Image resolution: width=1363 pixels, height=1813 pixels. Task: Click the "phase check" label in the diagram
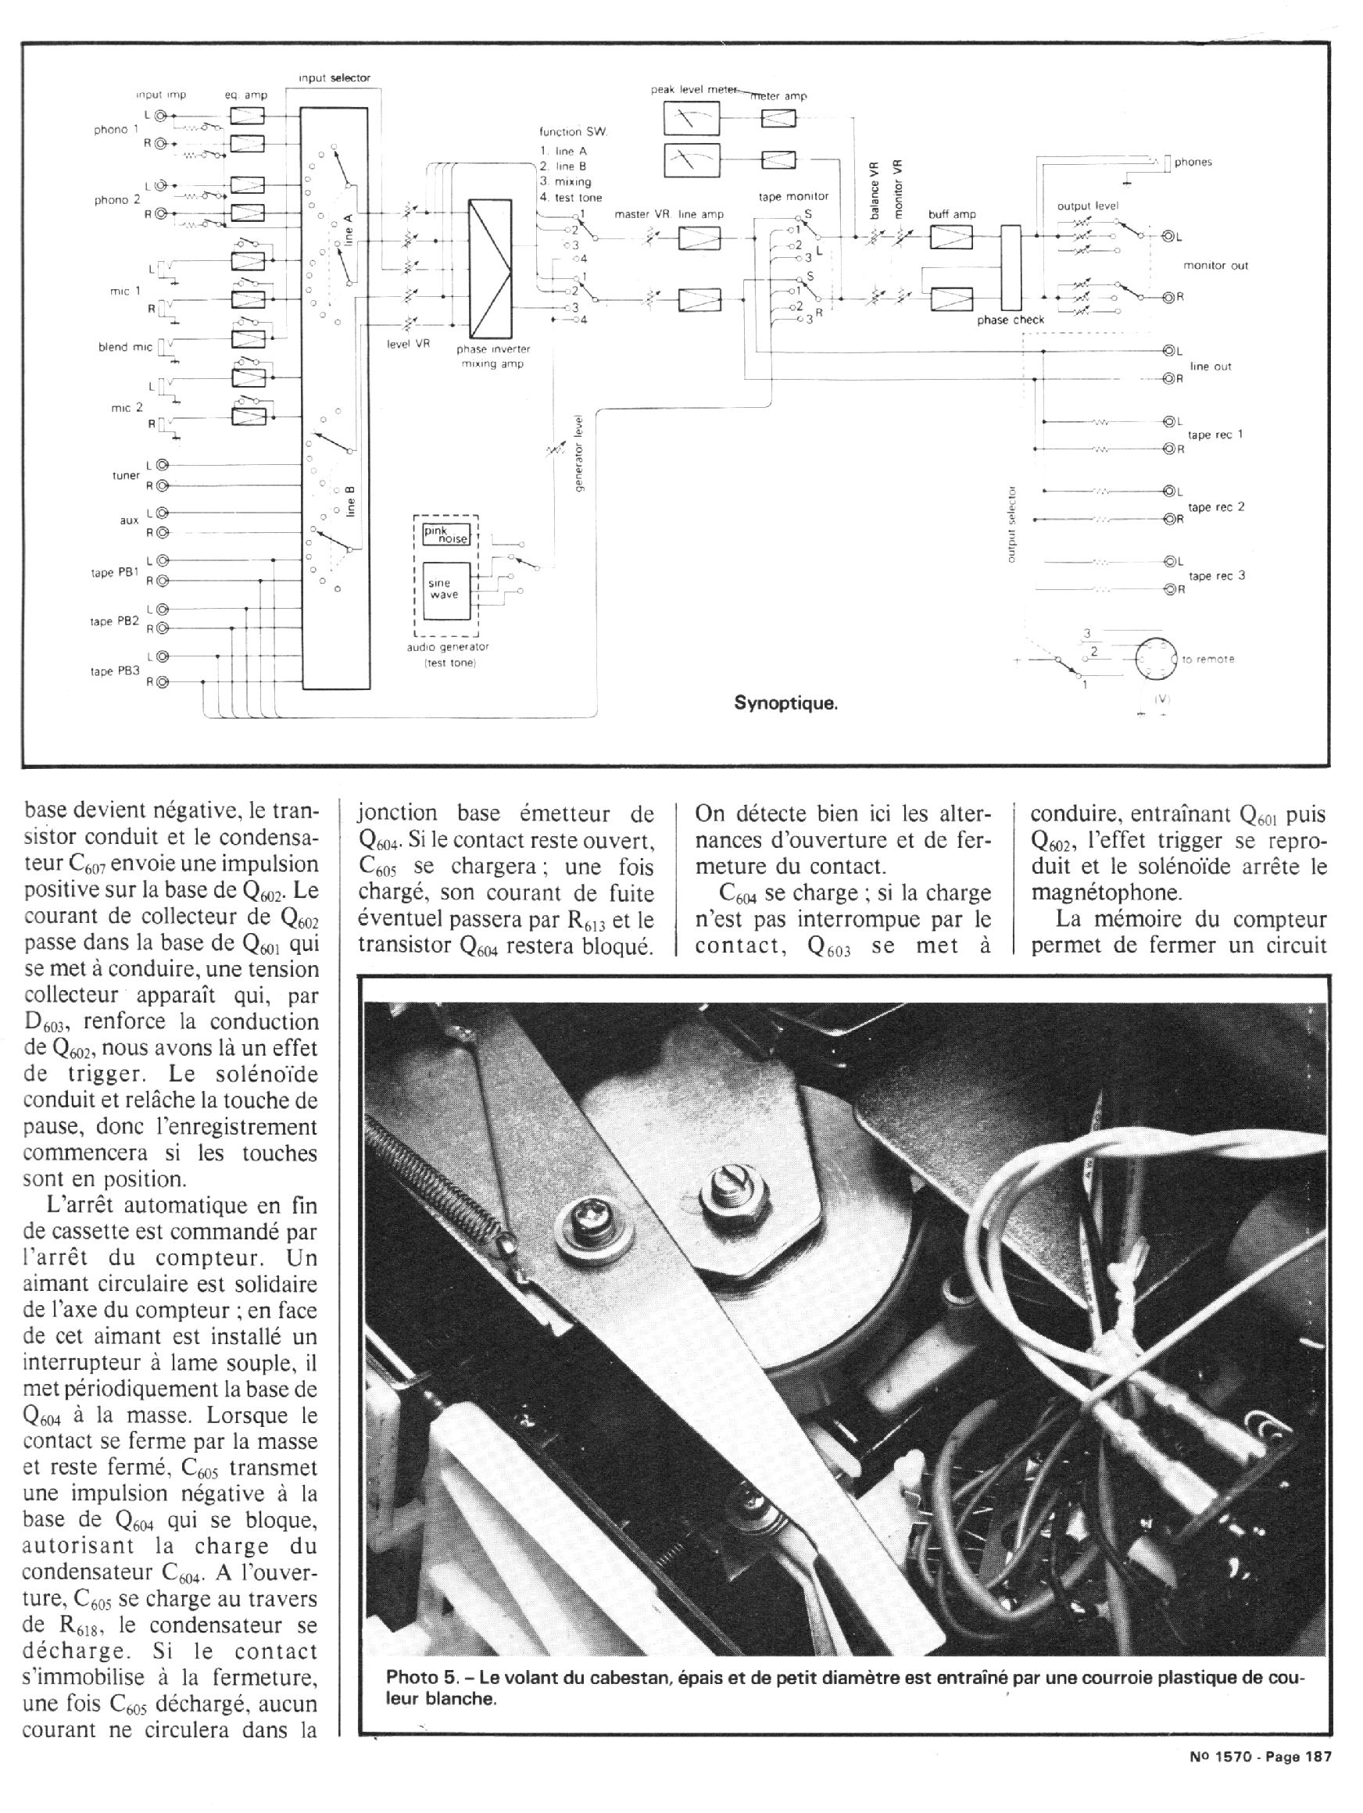point(1010,320)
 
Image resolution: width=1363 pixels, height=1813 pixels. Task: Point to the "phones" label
point(1193,163)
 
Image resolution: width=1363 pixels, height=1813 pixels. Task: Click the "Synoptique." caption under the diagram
point(785,703)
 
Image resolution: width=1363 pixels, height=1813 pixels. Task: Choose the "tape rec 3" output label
point(1216,575)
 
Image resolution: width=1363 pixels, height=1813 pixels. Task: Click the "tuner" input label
point(127,475)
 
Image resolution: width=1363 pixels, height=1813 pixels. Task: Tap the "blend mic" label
point(124,348)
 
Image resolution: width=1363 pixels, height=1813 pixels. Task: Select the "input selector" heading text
point(334,78)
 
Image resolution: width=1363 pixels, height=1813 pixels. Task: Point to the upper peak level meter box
point(690,120)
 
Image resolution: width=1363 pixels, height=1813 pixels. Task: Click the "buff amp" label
point(952,215)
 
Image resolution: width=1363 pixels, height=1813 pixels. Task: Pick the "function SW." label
point(571,132)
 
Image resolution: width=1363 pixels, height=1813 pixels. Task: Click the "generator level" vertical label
point(579,468)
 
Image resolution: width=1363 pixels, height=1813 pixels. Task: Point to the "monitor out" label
point(1215,266)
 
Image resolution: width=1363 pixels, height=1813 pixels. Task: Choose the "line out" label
point(1211,367)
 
